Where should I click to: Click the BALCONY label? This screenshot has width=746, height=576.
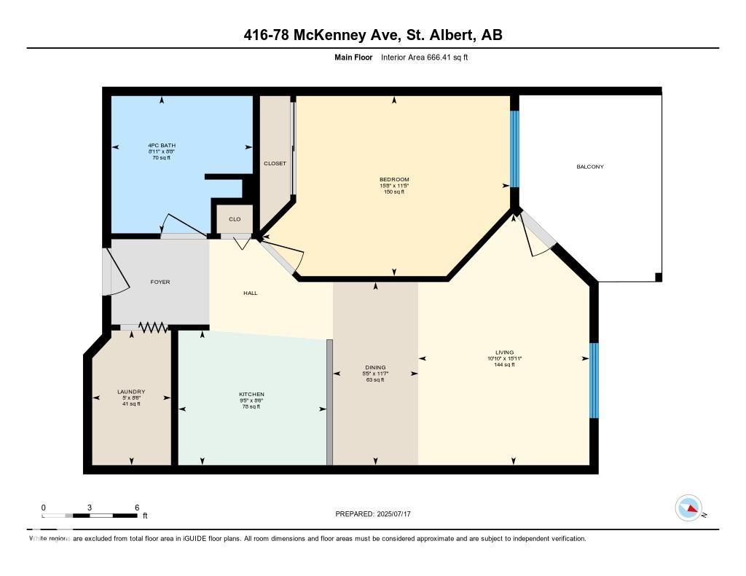pos(589,167)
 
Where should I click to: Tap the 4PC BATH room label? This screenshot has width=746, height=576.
pos(162,146)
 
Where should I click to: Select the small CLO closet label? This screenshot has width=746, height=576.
pos(235,218)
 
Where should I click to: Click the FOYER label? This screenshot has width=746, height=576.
pos(160,282)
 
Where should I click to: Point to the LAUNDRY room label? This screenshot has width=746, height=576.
pos(131,392)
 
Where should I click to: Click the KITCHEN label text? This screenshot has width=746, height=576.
pos(251,395)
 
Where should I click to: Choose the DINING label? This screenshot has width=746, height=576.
pos(375,368)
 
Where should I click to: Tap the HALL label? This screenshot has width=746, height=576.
pos(251,293)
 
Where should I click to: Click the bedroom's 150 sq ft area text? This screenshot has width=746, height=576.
pos(393,192)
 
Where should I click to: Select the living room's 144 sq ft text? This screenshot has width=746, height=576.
pos(504,364)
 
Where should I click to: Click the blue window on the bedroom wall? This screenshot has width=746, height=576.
pos(514,149)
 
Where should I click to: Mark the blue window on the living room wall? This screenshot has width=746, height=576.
pos(594,380)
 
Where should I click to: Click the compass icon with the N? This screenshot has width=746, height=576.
pos(688,508)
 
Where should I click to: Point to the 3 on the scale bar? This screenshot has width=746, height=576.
pos(90,508)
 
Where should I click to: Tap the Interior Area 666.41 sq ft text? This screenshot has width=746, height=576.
pos(424,57)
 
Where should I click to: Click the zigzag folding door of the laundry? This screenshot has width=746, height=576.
pos(153,328)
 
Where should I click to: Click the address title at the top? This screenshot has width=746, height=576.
pos(373,35)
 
